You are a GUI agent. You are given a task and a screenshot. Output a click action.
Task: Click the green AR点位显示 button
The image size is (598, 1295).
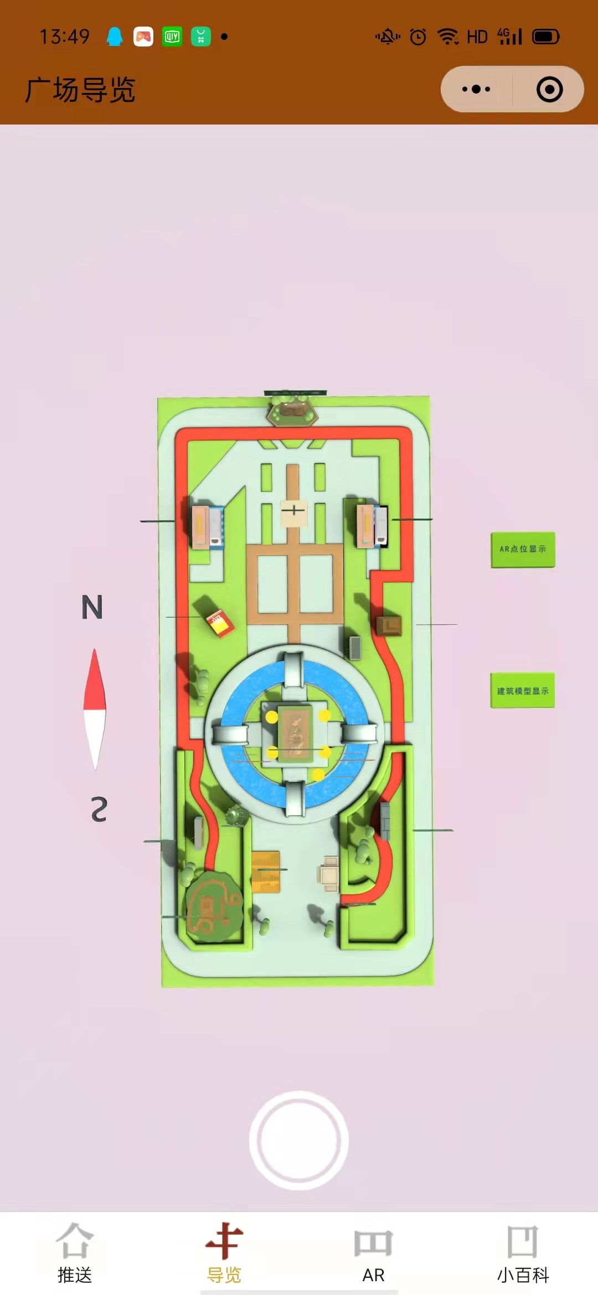(523, 550)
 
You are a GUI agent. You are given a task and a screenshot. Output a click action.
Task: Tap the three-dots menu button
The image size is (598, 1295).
(476, 89)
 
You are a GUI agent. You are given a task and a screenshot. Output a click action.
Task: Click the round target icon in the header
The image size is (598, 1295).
(549, 89)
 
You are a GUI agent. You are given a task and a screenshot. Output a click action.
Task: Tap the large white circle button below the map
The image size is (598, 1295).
(299, 1140)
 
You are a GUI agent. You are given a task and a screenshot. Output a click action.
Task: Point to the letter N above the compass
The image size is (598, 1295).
(92, 607)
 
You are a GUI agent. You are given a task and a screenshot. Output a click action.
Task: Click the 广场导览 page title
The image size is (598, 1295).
(80, 90)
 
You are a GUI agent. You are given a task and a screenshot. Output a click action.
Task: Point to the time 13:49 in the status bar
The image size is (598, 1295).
(64, 37)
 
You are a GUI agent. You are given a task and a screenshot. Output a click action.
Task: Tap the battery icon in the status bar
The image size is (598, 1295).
(546, 37)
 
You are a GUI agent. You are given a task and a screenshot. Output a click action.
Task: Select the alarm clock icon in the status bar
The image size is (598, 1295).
(418, 37)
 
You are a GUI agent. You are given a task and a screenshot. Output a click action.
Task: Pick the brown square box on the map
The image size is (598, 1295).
(389, 626)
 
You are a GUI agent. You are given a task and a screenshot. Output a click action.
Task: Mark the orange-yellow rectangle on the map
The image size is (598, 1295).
(266, 872)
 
